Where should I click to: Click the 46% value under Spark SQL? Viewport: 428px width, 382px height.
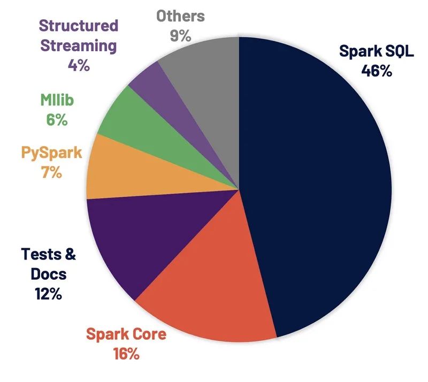[x=377, y=70]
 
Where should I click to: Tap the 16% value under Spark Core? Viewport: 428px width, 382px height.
[x=126, y=354]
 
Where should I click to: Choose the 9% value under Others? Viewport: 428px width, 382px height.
[x=180, y=35]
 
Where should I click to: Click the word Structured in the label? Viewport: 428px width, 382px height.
[x=79, y=25]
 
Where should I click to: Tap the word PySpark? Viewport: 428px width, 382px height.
[x=51, y=152]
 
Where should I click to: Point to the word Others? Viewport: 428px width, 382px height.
[x=180, y=16]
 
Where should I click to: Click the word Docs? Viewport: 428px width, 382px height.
[x=45, y=274]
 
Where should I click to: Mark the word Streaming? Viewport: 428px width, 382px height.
[x=79, y=45]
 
